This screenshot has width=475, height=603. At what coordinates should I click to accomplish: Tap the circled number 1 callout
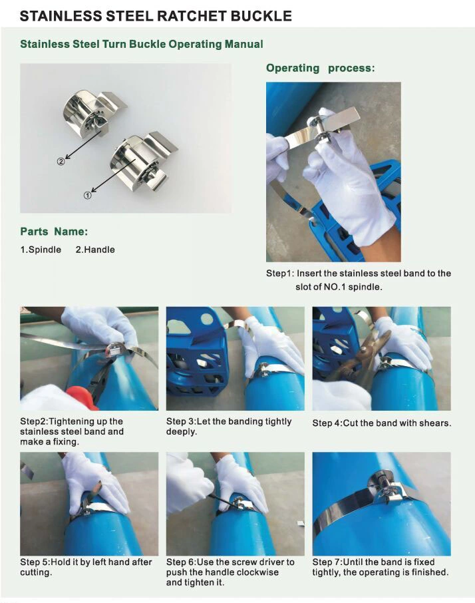[x=86, y=196]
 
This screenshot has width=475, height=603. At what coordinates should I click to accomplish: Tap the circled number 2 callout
[x=61, y=161]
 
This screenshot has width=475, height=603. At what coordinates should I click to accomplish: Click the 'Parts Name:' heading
[x=54, y=232]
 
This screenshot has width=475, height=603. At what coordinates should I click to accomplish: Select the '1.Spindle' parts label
[x=41, y=250]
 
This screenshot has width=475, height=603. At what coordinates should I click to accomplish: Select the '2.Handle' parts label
[x=94, y=250]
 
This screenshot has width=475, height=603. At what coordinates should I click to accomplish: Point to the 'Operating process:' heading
[x=320, y=68]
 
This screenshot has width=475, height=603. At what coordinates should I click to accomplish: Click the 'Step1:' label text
[x=280, y=274]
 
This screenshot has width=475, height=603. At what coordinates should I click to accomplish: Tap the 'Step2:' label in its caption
[x=34, y=422]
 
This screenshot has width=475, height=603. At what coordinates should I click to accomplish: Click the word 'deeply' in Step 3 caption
[x=182, y=432]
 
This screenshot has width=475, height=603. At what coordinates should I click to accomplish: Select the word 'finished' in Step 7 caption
[x=428, y=572]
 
